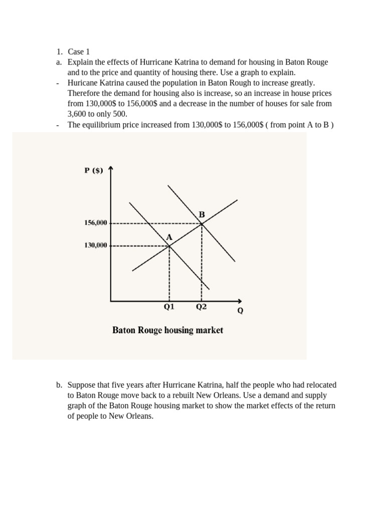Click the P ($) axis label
click(93, 170)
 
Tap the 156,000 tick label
click(95, 223)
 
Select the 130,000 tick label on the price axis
click(95, 245)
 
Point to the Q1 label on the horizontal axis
click(169, 308)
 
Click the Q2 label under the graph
click(201, 308)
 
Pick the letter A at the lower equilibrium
click(169, 237)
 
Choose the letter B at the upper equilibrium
click(202, 214)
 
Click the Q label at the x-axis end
click(240, 311)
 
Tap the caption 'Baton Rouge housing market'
click(167, 330)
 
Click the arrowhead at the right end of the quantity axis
click(240, 301)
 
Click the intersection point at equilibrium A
click(169, 245)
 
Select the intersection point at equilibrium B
click(202, 223)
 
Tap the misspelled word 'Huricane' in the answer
click(83, 83)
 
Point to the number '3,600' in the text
click(78, 114)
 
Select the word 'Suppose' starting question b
click(81, 385)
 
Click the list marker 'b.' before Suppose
click(59, 385)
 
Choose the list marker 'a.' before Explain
click(59, 62)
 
